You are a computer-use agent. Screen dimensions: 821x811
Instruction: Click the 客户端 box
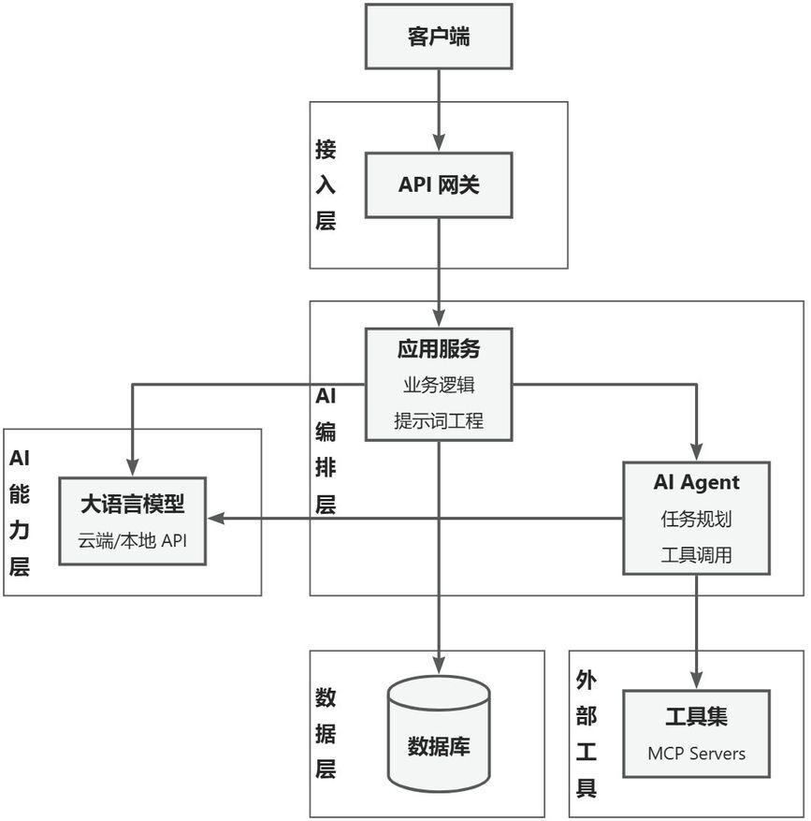439,37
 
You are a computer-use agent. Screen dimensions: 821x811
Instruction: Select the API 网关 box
439,185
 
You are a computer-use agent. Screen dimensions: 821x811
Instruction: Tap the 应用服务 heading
439,349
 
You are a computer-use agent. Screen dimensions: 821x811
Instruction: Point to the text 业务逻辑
439,385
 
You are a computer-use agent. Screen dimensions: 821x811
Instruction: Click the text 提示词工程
439,420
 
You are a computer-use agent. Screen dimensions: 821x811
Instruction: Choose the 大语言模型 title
132,504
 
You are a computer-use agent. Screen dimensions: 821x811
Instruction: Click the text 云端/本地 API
132,541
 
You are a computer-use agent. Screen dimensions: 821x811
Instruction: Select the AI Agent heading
696,483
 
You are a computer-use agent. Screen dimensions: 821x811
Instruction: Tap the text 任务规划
696,519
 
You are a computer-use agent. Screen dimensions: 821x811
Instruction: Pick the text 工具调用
696,554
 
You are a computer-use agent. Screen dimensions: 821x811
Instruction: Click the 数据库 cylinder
439,735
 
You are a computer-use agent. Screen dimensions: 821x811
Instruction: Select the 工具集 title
696,717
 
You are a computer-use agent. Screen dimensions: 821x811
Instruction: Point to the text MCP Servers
696,753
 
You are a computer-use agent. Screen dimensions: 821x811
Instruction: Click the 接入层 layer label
326,185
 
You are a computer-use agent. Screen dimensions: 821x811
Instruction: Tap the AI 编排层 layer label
326,450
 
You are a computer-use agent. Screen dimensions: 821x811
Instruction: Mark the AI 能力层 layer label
20,512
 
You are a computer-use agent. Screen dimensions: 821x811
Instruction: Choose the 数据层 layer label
326,734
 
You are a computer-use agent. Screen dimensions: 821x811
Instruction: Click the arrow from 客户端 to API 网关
439,110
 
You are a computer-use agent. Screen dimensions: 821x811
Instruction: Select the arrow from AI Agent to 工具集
696,632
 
